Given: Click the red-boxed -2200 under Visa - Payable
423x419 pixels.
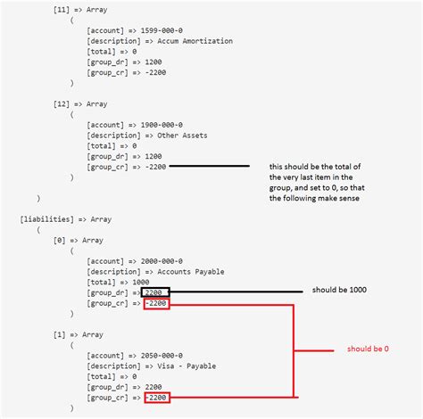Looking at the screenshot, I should tap(155, 398).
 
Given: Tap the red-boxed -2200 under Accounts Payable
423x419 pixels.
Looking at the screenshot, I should tap(155, 305).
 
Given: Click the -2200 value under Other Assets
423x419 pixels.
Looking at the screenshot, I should tap(155, 166).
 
